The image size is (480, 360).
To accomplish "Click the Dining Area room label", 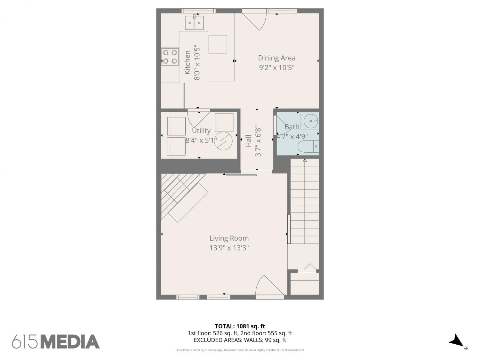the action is pos(276,58).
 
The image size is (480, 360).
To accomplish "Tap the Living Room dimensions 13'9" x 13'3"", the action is pos(229,248).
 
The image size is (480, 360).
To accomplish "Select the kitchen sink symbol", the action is pos(194,22).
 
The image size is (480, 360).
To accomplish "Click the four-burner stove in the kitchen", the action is pos(170,57).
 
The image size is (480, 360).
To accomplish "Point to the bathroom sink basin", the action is pos(311,121).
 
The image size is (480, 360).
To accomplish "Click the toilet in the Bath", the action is pos(308,146).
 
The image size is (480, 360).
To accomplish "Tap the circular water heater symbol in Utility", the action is pos(223,141).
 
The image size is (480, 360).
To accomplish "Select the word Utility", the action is pos(201,131).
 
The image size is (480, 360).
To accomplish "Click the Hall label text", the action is pos(248,141).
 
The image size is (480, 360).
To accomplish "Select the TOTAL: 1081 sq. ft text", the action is pos(240,326).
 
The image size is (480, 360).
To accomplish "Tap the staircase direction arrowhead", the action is pos(305,160).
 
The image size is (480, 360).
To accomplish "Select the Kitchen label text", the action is pos(188,62).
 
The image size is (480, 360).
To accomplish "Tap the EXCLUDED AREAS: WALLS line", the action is pos(240,340).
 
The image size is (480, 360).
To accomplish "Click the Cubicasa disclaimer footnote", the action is pos(240,350).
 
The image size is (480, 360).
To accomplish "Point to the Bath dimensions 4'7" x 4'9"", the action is pos(292,136).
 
